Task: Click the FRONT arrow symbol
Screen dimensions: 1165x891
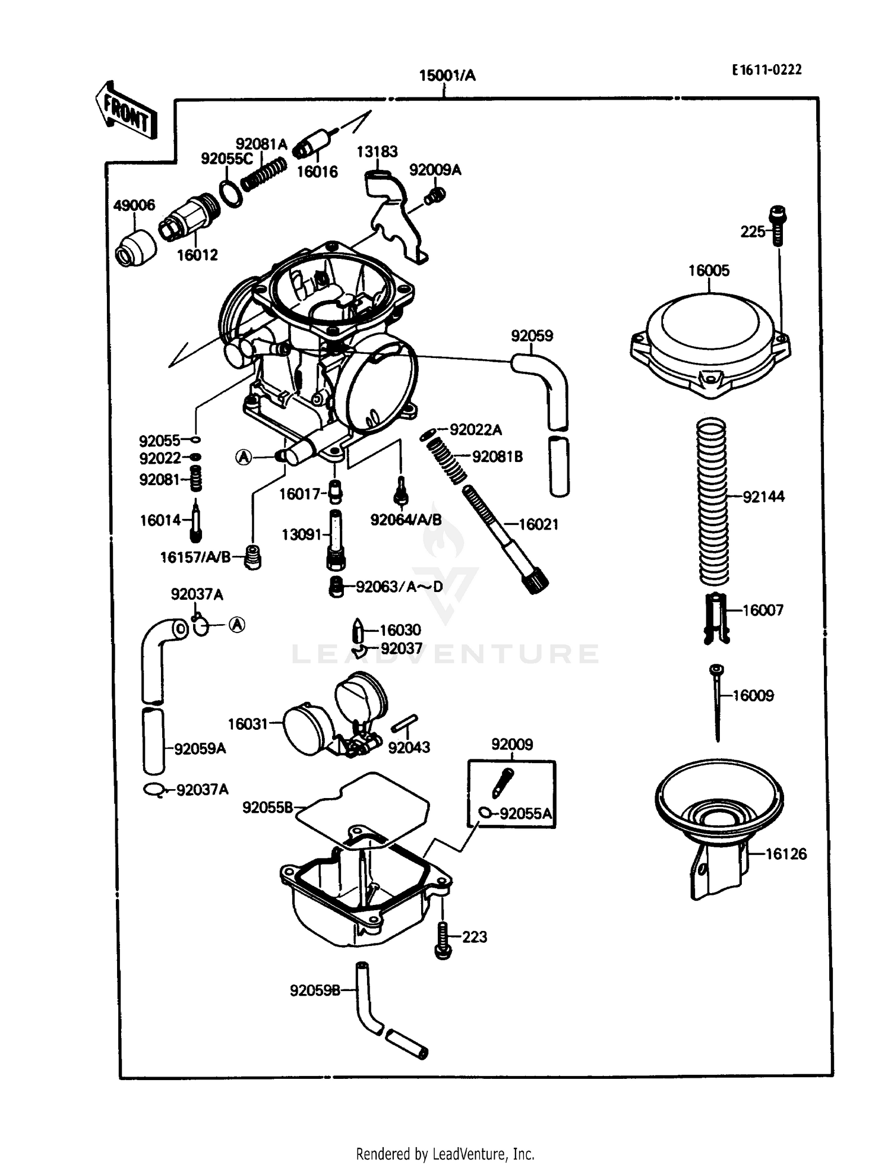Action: (127, 112)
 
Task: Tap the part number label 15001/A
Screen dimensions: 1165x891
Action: (447, 76)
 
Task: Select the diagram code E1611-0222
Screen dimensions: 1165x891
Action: (766, 70)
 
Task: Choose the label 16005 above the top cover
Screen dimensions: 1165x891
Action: (708, 271)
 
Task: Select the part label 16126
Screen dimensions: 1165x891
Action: (785, 854)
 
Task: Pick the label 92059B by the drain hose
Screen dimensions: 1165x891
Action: (315, 990)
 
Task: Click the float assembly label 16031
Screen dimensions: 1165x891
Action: (247, 724)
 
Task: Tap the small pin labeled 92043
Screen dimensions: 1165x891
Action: (405, 724)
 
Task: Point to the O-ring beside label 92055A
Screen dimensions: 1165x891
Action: (485, 813)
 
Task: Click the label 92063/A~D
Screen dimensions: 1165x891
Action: (399, 587)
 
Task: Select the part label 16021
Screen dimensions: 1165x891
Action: (538, 524)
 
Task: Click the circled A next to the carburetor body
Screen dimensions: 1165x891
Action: (244, 457)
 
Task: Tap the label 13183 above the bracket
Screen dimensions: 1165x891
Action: (377, 152)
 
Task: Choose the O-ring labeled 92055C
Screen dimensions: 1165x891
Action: (230, 192)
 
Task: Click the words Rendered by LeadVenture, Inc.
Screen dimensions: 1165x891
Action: (445, 1154)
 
